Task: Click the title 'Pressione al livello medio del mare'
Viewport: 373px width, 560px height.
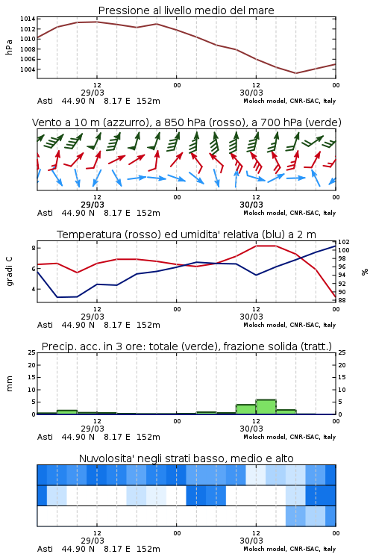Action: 186,10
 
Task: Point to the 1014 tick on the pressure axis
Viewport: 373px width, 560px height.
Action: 28,19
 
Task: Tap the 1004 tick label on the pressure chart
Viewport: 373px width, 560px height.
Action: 28,69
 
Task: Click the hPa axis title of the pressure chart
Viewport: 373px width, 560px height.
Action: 9,47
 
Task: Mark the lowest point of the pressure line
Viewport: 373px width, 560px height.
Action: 295,73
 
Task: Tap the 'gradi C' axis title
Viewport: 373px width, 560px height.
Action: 9,271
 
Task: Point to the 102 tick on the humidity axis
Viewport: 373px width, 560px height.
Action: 344,242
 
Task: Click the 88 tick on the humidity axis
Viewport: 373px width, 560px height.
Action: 342,300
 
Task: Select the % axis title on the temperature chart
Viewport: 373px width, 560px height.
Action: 365,272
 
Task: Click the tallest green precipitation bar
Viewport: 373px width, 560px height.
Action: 266,407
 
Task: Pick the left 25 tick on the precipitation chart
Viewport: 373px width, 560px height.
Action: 32,352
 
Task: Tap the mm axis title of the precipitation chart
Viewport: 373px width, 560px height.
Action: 9,384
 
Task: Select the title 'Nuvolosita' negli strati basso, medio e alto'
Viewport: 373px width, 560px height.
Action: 186,458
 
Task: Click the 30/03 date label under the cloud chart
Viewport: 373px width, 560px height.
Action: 251,541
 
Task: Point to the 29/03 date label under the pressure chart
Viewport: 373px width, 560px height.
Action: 93,93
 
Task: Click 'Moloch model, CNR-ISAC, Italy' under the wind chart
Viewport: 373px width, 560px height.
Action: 289,213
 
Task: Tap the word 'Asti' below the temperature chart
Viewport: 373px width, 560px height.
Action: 45,325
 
